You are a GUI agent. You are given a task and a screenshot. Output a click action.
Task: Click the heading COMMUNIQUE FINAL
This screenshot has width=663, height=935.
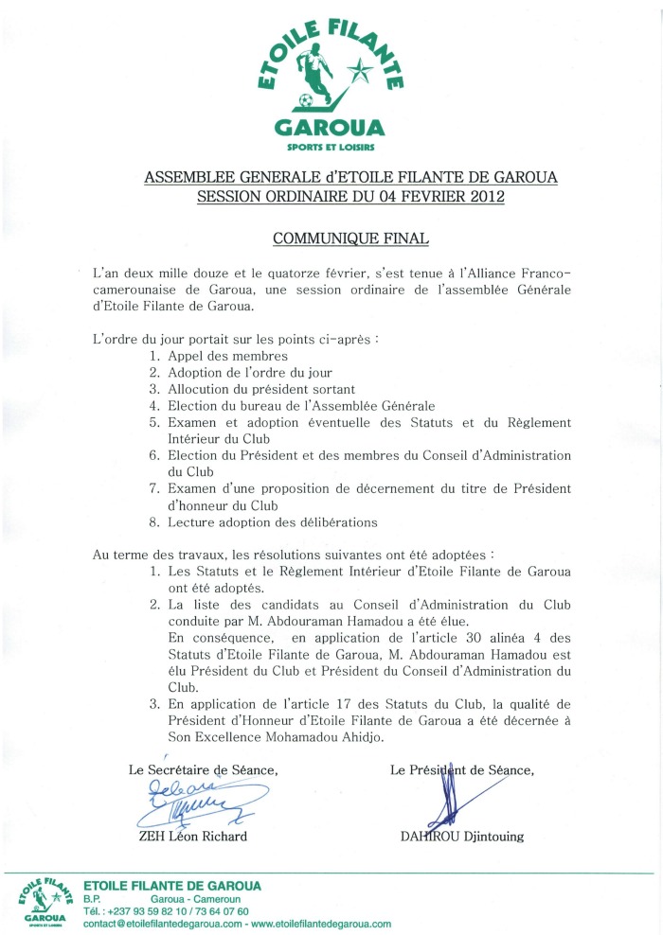pos(331,238)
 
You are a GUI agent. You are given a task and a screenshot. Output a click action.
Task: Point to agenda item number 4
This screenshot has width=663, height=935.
pos(154,404)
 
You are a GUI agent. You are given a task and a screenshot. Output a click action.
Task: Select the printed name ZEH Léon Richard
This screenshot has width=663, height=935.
pos(193,837)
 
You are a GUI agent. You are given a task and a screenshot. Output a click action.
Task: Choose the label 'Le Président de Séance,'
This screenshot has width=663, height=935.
pos(462,770)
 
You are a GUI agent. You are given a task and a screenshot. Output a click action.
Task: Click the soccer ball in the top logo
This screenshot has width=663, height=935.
pos(305,99)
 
